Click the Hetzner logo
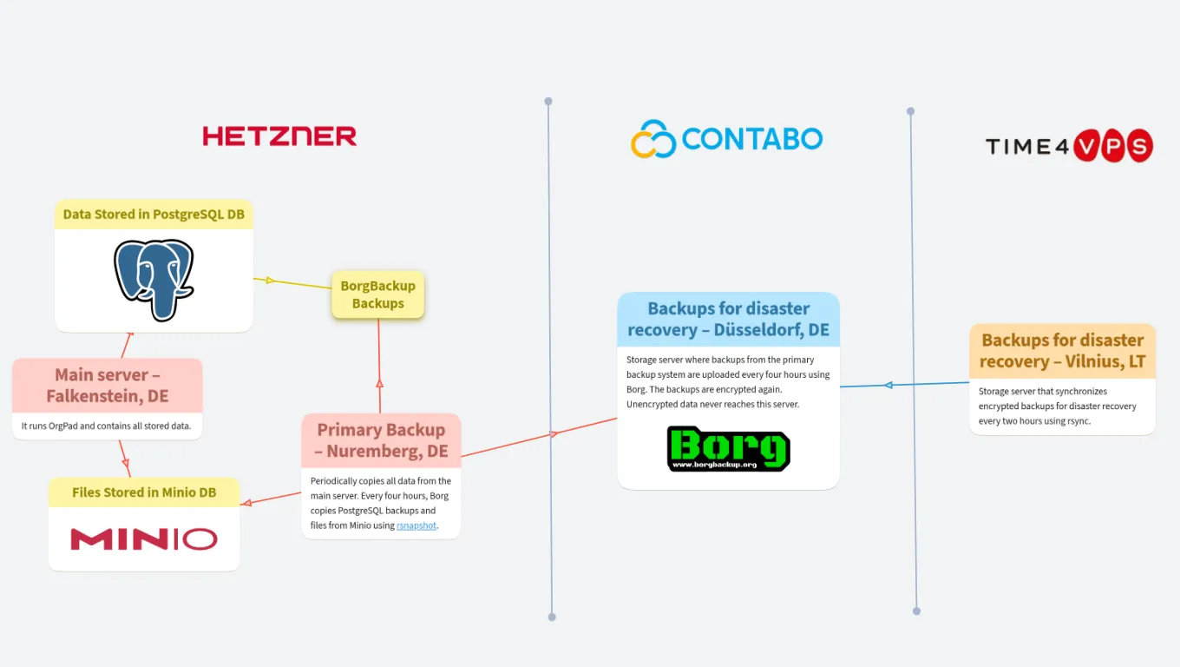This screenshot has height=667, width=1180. coord(279,135)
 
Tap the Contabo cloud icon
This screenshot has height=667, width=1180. coord(652,139)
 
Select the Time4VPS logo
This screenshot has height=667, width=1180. coord(1069,146)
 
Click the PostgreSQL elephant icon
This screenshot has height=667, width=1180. coord(154,280)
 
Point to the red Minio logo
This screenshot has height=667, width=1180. coord(144,539)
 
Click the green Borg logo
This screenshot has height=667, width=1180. coord(728,448)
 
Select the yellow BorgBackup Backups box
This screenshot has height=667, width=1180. coord(377,294)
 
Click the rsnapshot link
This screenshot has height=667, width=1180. coord(416,525)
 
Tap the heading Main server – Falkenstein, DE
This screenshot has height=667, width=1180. coord(107,386)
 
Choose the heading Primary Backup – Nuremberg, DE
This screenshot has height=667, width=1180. coord(381,440)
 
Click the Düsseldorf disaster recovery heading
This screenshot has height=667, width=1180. coord(728,319)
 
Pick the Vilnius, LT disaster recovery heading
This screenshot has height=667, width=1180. coord(1062,351)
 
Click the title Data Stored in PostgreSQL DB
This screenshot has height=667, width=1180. coord(154,214)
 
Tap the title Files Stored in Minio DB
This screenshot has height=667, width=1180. coord(144,492)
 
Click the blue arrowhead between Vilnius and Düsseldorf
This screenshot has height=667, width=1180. coord(888,385)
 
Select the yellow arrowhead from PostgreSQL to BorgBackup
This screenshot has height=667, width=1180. coord(270,281)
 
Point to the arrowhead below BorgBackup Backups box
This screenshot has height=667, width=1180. coord(379,383)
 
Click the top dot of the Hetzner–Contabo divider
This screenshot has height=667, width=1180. coord(548,102)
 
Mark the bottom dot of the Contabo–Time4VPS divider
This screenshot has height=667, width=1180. coord(916,611)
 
